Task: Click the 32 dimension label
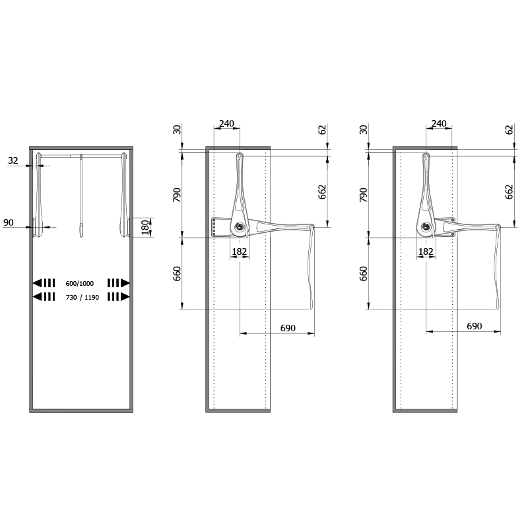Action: tap(13, 160)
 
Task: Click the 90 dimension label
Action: tap(9, 222)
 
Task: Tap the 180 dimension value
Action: tap(145, 227)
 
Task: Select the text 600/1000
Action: tap(79, 284)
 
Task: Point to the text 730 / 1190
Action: tap(82, 298)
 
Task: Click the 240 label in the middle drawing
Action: tap(226, 123)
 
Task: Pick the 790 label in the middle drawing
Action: tap(177, 195)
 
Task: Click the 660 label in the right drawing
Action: tap(364, 273)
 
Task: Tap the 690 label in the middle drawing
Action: tap(288, 328)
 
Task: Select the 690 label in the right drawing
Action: tap(474, 326)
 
